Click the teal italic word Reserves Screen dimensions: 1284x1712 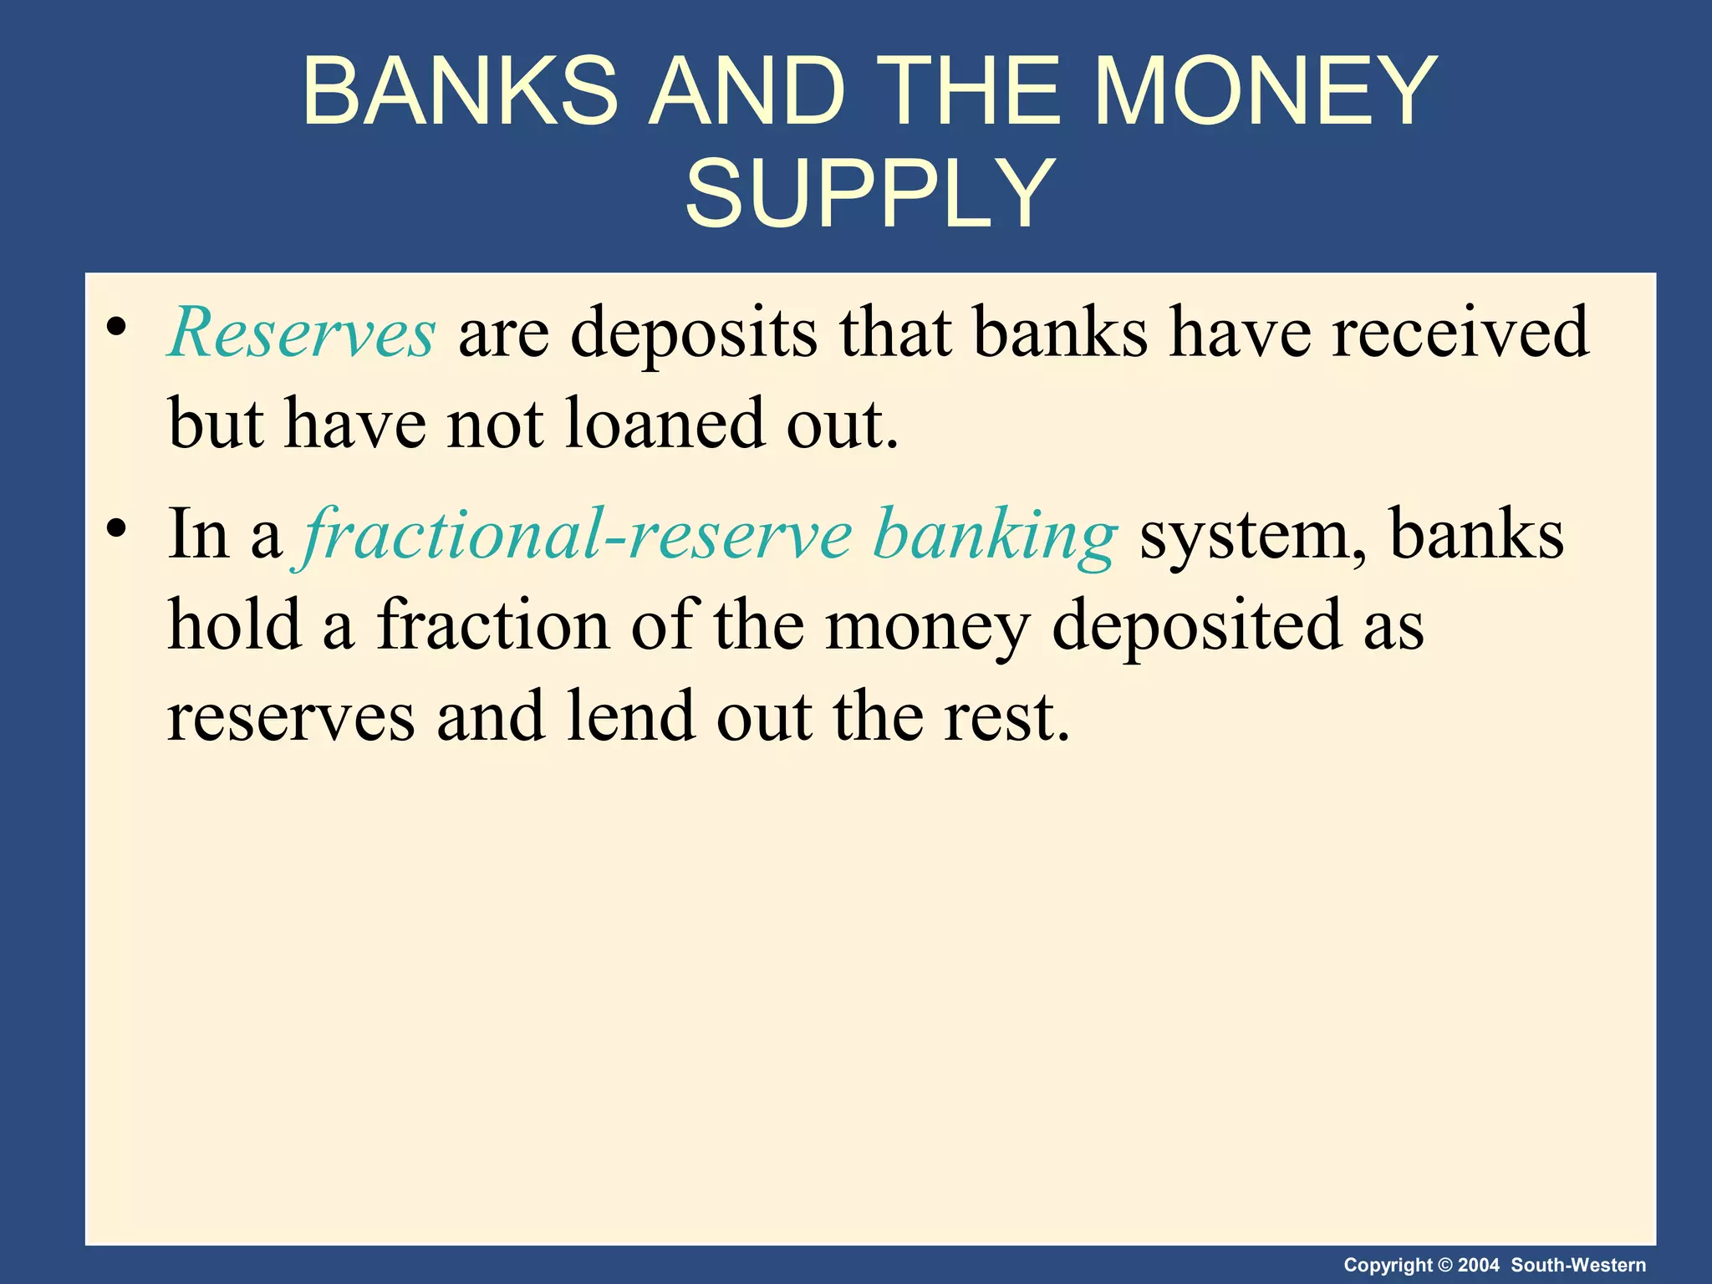(x=302, y=333)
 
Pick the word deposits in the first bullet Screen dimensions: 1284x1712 (x=694, y=333)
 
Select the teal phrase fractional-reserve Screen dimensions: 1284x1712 (x=577, y=534)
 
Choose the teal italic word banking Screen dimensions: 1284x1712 (x=994, y=536)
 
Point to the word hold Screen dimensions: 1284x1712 (x=235, y=624)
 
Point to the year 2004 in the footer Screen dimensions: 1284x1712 (x=1479, y=1265)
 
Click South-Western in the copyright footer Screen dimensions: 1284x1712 (x=1578, y=1265)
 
